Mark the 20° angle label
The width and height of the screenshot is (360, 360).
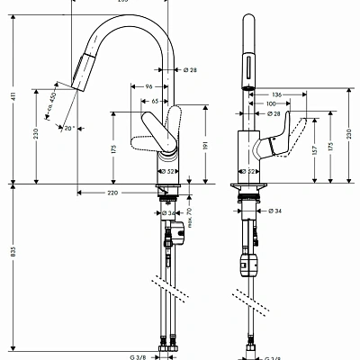tap(69, 129)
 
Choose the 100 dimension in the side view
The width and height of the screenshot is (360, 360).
tap(271, 104)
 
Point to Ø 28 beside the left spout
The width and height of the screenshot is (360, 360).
tap(191, 70)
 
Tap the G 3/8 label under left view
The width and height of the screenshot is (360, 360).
tap(138, 356)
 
